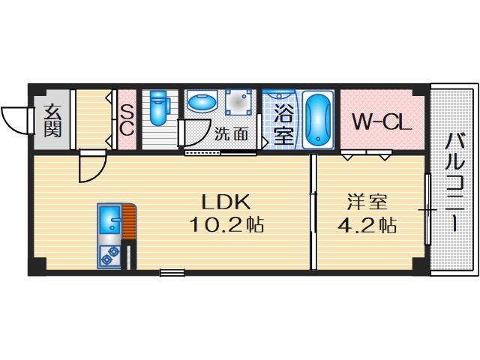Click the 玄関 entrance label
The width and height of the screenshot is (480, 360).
(x=52, y=119)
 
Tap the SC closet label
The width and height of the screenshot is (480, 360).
(x=127, y=119)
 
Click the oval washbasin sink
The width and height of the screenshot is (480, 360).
(x=200, y=102)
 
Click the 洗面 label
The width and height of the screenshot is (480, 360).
(x=231, y=135)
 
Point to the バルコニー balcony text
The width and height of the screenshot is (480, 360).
(x=454, y=180)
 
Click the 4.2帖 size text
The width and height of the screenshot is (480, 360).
(x=367, y=224)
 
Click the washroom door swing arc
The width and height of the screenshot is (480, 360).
(x=196, y=132)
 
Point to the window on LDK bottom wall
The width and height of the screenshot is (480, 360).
(x=172, y=273)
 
